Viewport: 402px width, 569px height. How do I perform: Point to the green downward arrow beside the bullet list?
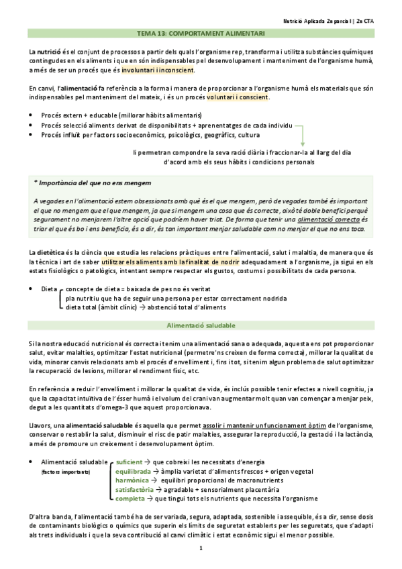[x=303, y=137]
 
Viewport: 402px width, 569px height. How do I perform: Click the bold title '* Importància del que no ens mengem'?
[x=93, y=183]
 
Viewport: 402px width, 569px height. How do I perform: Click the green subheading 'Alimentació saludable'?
[x=201, y=325]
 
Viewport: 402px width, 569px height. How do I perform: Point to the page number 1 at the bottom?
[x=201, y=549]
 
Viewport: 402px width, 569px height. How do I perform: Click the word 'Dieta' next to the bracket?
[x=49, y=289]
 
